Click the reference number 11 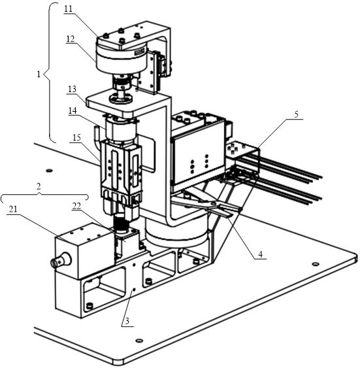click(68, 9)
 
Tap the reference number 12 click(71, 39)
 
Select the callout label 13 click(73, 89)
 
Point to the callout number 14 click(73, 110)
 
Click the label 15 click(76, 137)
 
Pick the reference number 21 click(13, 209)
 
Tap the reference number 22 click(76, 206)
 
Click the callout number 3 click(127, 321)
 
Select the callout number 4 click(260, 254)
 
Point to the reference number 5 click(296, 114)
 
